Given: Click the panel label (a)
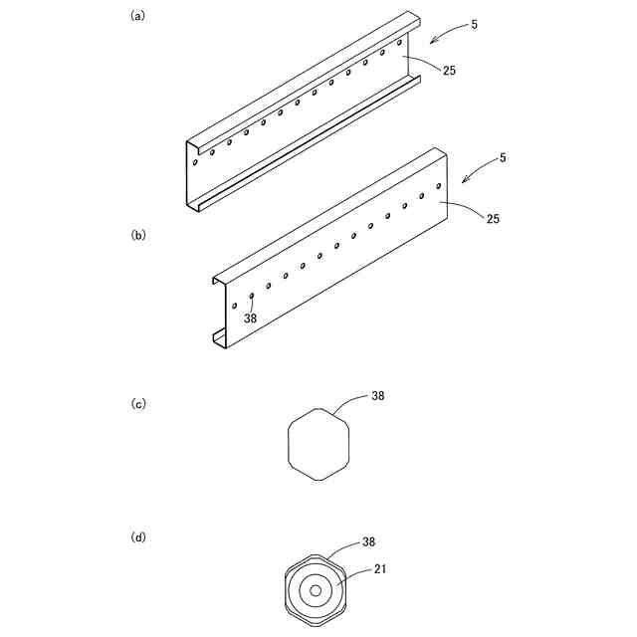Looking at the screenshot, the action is (x=138, y=16).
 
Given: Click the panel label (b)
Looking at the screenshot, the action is (x=138, y=236).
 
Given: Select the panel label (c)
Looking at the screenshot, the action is (x=138, y=404).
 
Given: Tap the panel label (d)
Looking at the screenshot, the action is (x=138, y=537).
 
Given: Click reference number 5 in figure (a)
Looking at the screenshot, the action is (x=474, y=24).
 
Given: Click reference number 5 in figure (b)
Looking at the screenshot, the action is (x=502, y=158).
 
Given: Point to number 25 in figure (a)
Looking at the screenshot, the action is (x=449, y=71).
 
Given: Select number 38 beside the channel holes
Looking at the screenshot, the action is (x=251, y=319).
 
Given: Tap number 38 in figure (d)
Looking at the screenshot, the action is (x=368, y=542).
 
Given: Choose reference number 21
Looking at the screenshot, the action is (x=380, y=569).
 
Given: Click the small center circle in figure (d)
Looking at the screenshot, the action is (x=316, y=591).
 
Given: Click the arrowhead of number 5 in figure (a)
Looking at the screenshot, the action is (x=431, y=42).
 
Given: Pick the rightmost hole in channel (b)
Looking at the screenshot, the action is (x=439, y=186).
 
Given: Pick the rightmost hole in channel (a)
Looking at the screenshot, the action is (x=399, y=43).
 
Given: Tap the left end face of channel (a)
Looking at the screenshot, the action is (x=189, y=175).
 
